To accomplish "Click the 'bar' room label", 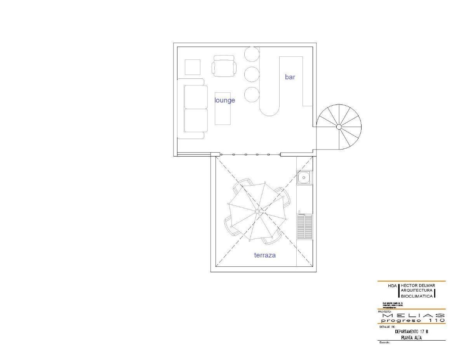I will [x=290, y=77].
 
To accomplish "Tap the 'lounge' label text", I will [x=225, y=100].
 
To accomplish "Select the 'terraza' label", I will [x=265, y=255].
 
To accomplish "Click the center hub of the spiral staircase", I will [x=339, y=127].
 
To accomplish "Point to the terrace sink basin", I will [x=304, y=178].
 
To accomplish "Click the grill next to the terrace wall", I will [x=304, y=226].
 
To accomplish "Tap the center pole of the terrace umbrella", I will [x=257, y=212].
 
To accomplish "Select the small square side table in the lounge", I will [x=192, y=67].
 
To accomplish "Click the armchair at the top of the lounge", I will [x=224, y=66].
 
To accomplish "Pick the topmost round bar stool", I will [x=252, y=54].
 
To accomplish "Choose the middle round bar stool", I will [x=252, y=74].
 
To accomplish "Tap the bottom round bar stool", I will [x=252, y=95].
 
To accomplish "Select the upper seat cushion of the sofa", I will [x=196, y=97].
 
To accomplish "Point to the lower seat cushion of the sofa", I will [x=196, y=120].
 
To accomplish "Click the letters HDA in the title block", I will [x=392, y=286].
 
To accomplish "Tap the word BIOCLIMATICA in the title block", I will [x=417, y=296].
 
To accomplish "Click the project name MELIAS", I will [x=413, y=315].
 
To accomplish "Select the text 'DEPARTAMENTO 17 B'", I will [x=411, y=332].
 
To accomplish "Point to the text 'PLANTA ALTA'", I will [x=411, y=337].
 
